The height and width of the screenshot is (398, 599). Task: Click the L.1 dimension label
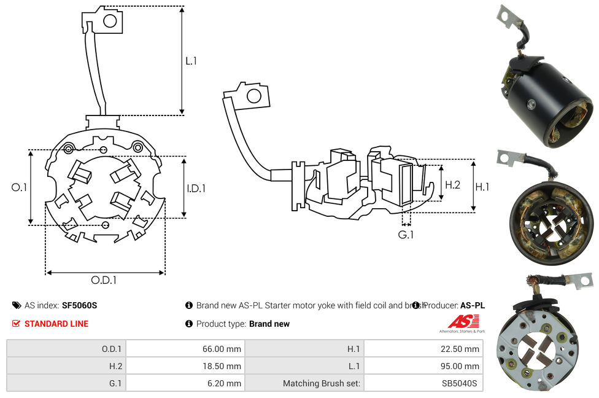[191, 61]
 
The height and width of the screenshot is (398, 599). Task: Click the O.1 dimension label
[19, 188]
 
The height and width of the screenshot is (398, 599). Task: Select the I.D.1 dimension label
[196, 189]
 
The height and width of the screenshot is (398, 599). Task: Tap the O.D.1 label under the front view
[104, 280]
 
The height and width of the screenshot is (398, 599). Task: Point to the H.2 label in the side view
[452, 184]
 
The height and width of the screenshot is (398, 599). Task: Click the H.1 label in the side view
[482, 187]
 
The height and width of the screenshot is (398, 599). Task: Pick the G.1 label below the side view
[406, 235]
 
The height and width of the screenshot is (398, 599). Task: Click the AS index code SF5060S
[79, 305]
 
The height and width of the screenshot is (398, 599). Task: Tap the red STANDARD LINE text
[56, 324]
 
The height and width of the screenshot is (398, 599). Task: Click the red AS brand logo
[462, 322]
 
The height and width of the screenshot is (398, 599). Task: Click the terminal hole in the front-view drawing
[110, 22]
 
